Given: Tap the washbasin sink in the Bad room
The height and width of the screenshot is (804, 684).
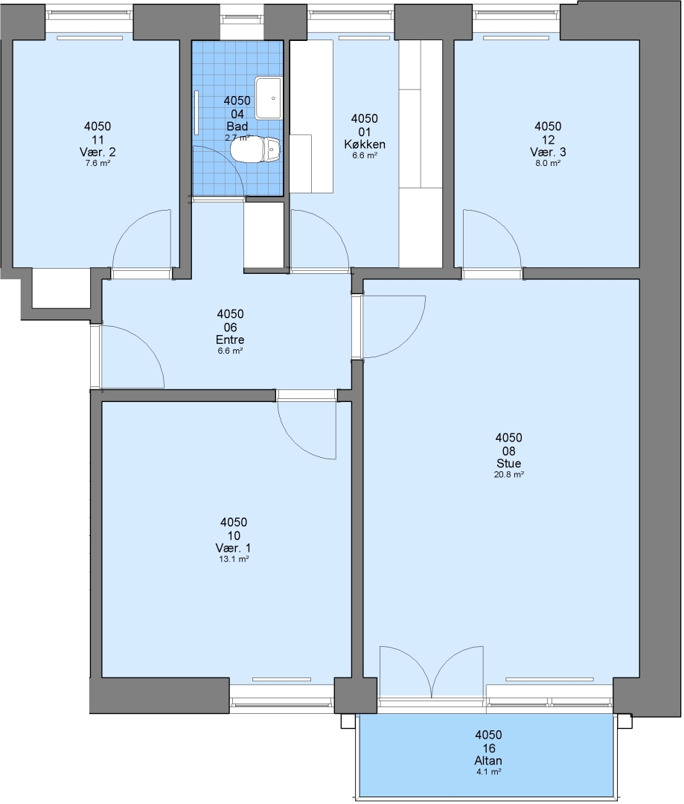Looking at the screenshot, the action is click(268, 98).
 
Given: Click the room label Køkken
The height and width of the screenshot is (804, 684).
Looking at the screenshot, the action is click(365, 144).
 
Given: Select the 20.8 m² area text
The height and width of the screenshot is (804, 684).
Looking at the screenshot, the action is click(508, 475).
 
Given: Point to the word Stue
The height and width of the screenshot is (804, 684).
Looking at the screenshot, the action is click(508, 463).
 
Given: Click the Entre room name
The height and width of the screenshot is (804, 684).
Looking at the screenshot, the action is click(230, 339).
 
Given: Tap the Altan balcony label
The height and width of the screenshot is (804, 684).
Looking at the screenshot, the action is click(488, 760).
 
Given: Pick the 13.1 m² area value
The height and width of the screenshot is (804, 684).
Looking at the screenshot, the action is click(234, 559).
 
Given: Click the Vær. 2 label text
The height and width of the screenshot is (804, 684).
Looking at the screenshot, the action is click(98, 152).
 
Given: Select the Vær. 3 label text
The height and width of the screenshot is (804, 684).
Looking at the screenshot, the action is click(548, 152).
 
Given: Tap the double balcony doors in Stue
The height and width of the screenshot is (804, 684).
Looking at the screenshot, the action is click(431, 671).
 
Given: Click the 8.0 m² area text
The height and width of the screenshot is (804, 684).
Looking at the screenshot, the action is click(548, 163).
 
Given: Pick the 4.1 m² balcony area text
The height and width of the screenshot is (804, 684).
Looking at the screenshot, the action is click(488, 772).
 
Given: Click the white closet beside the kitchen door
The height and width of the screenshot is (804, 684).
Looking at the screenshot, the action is click(264, 235).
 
